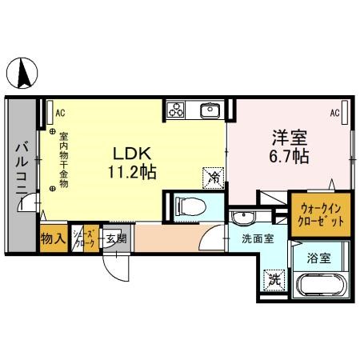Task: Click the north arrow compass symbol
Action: pyautogui.click(x=24, y=74)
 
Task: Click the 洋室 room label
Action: pyautogui.click(x=289, y=137)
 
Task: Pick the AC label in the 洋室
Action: pyautogui.click(x=335, y=113)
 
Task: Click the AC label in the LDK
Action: pyautogui.click(x=60, y=112)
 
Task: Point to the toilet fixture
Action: pyautogui.click(x=189, y=206)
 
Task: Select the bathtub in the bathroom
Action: pyautogui.click(x=322, y=284)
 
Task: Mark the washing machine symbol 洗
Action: pyautogui.click(x=274, y=280)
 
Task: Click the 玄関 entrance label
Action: pyautogui.click(x=116, y=238)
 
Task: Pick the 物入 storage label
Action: pyautogui.click(x=54, y=238)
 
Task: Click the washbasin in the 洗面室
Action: pyautogui.click(x=241, y=218)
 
